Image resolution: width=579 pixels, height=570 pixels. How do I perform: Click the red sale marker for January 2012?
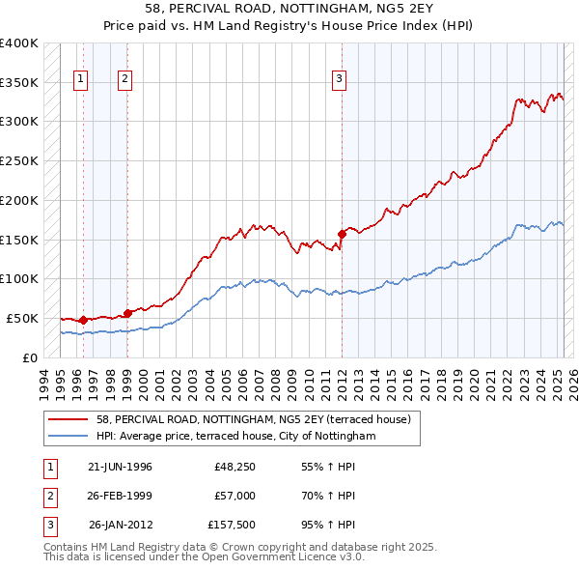pyautogui.click(x=342, y=233)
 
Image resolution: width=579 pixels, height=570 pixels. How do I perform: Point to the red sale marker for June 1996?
pyautogui.click(x=83, y=319)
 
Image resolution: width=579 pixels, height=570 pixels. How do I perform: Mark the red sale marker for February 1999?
pyautogui.click(x=127, y=312)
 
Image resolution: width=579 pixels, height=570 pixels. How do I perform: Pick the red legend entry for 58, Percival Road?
pyautogui.click(x=254, y=419)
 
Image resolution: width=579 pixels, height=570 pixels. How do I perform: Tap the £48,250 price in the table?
pyautogui.click(x=234, y=467)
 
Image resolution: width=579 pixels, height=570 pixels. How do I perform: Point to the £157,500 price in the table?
pyautogui.click(x=231, y=525)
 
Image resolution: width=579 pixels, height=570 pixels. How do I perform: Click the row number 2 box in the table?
pyautogui.click(x=49, y=496)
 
